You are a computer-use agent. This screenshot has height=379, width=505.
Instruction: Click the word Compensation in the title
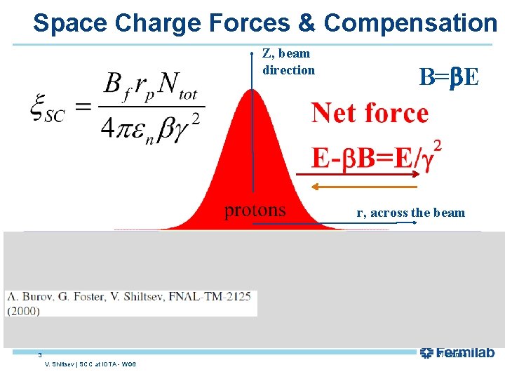pos(410,22)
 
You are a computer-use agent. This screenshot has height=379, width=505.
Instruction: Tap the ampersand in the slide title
pos(307,22)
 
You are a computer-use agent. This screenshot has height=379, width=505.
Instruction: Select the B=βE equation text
pos(449,77)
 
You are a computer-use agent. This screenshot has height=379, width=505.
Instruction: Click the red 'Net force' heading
pos(370,112)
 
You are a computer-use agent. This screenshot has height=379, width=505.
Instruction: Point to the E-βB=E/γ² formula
pos(376,156)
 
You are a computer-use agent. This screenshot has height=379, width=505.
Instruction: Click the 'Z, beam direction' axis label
pos(288,62)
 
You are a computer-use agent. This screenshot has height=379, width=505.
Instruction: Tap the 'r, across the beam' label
pos(410,213)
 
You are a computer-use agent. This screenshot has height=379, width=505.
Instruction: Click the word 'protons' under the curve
pos(255,210)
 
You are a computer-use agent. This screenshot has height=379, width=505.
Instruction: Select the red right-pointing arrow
pos(358,173)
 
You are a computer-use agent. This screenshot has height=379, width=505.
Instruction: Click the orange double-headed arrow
pos(365,187)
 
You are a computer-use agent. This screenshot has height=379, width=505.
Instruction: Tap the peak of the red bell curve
pos(252,95)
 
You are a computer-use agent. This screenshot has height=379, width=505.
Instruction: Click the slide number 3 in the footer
pos(41,355)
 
